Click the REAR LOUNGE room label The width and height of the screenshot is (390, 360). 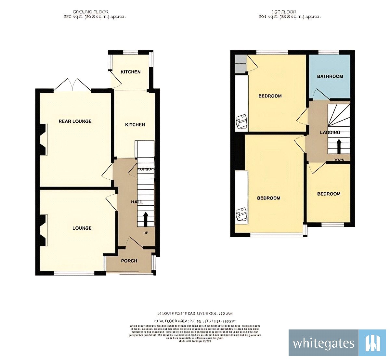point(75,121)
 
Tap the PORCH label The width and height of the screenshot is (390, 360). point(129,261)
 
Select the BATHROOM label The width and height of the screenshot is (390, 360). point(330,76)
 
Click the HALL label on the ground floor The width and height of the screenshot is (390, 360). point(137,202)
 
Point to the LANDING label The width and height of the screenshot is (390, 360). point(330,132)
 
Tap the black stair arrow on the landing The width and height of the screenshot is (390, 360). point(339,146)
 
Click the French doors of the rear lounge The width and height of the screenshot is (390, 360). point(72,85)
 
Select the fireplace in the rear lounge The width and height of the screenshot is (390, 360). point(43,139)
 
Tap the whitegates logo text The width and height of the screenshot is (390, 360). point(323,343)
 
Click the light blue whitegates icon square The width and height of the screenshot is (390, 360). point(372,343)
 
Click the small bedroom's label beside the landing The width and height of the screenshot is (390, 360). point(329,194)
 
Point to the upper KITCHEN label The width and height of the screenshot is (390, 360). point(131,72)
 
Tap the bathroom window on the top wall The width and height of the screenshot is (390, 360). point(329,52)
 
